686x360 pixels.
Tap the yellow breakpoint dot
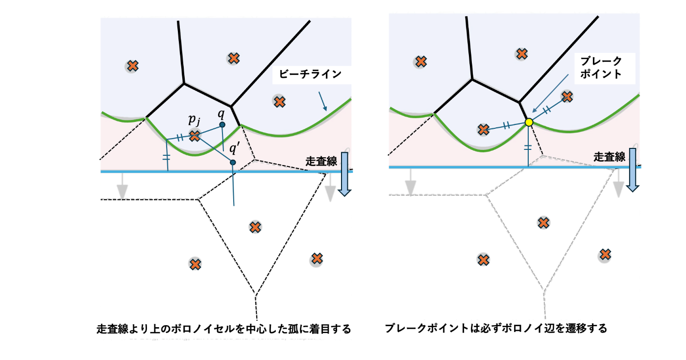529,122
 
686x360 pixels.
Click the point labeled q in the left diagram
222,125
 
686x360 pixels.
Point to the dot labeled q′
233,162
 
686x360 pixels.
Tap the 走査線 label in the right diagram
610,157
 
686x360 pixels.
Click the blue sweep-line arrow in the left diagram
344,174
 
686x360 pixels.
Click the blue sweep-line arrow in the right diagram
633,171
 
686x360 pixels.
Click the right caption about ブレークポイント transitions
496,328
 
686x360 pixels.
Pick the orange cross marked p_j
195,136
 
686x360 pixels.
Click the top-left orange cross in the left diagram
132,66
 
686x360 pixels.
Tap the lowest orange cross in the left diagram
196,264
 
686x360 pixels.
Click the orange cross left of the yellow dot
484,129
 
